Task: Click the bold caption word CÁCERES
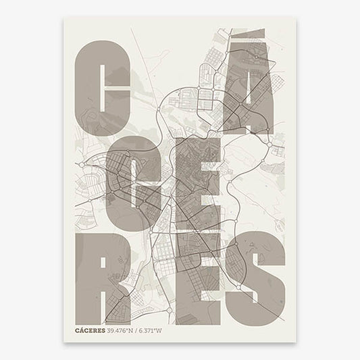91,331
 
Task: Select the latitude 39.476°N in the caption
122,331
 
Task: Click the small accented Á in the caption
83,331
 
